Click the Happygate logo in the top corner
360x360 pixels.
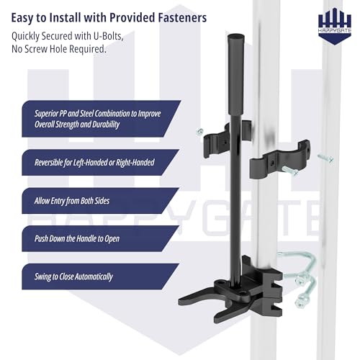[335, 26]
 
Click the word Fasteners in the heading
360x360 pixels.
[182, 17]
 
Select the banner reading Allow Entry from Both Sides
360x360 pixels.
[101, 201]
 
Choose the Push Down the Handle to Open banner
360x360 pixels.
[101, 238]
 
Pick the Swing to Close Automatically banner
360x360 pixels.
[101, 276]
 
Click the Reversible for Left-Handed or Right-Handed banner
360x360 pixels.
[101, 162]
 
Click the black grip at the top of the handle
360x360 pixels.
[236, 74]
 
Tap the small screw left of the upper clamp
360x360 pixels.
[199, 132]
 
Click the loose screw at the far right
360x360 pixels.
[325, 158]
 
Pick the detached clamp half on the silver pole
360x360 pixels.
[279, 160]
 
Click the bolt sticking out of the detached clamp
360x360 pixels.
[290, 171]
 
